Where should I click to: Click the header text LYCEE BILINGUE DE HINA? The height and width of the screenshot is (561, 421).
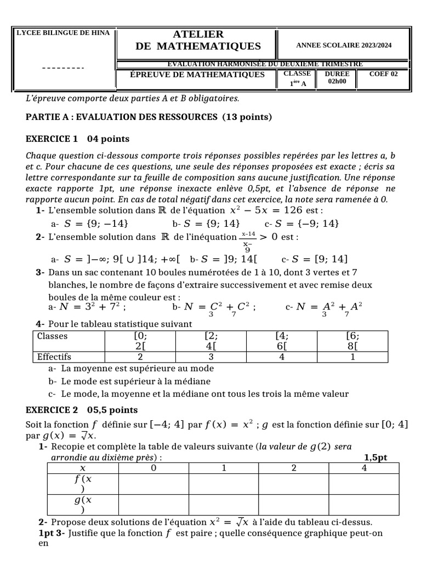[64, 33]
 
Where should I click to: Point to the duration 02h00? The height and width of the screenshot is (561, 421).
[337, 82]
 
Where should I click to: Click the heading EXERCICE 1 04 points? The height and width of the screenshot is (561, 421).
[78, 139]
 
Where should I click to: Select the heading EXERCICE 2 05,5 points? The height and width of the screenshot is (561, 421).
[82, 410]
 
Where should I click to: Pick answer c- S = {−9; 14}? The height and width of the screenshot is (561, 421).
[301, 224]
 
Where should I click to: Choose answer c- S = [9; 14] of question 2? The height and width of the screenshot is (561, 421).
[314, 259]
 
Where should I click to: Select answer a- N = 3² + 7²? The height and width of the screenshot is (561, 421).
[88, 307]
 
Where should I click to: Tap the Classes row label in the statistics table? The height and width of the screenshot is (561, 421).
[52, 336]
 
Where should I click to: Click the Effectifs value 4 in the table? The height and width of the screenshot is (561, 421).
[282, 357]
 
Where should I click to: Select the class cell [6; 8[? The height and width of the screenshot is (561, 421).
[352, 341]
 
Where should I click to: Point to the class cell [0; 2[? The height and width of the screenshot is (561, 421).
[140, 341]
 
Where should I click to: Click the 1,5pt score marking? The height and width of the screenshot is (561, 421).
[376, 457]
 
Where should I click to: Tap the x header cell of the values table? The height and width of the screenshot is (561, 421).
[83, 468]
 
